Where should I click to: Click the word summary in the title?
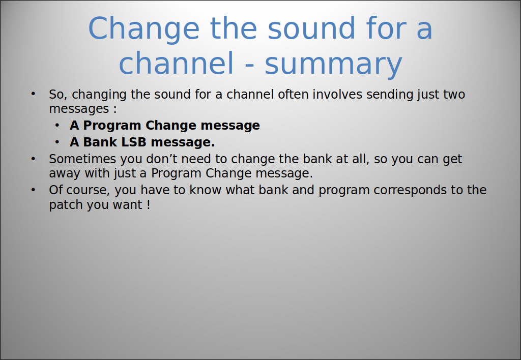[x=333, y=64]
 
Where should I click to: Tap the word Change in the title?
[x=143, y=29]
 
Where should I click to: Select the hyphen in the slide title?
[x=249, y=65]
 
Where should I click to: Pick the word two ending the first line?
[x=454, y=94]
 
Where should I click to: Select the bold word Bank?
[x=100, y=142]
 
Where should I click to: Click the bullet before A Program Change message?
[x=57, y=125]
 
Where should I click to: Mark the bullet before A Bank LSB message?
[x=57, y=142]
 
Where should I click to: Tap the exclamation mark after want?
[x=149, y=204]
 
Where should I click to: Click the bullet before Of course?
[x=33, y=190]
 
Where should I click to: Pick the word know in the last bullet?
[x=206, y=190]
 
